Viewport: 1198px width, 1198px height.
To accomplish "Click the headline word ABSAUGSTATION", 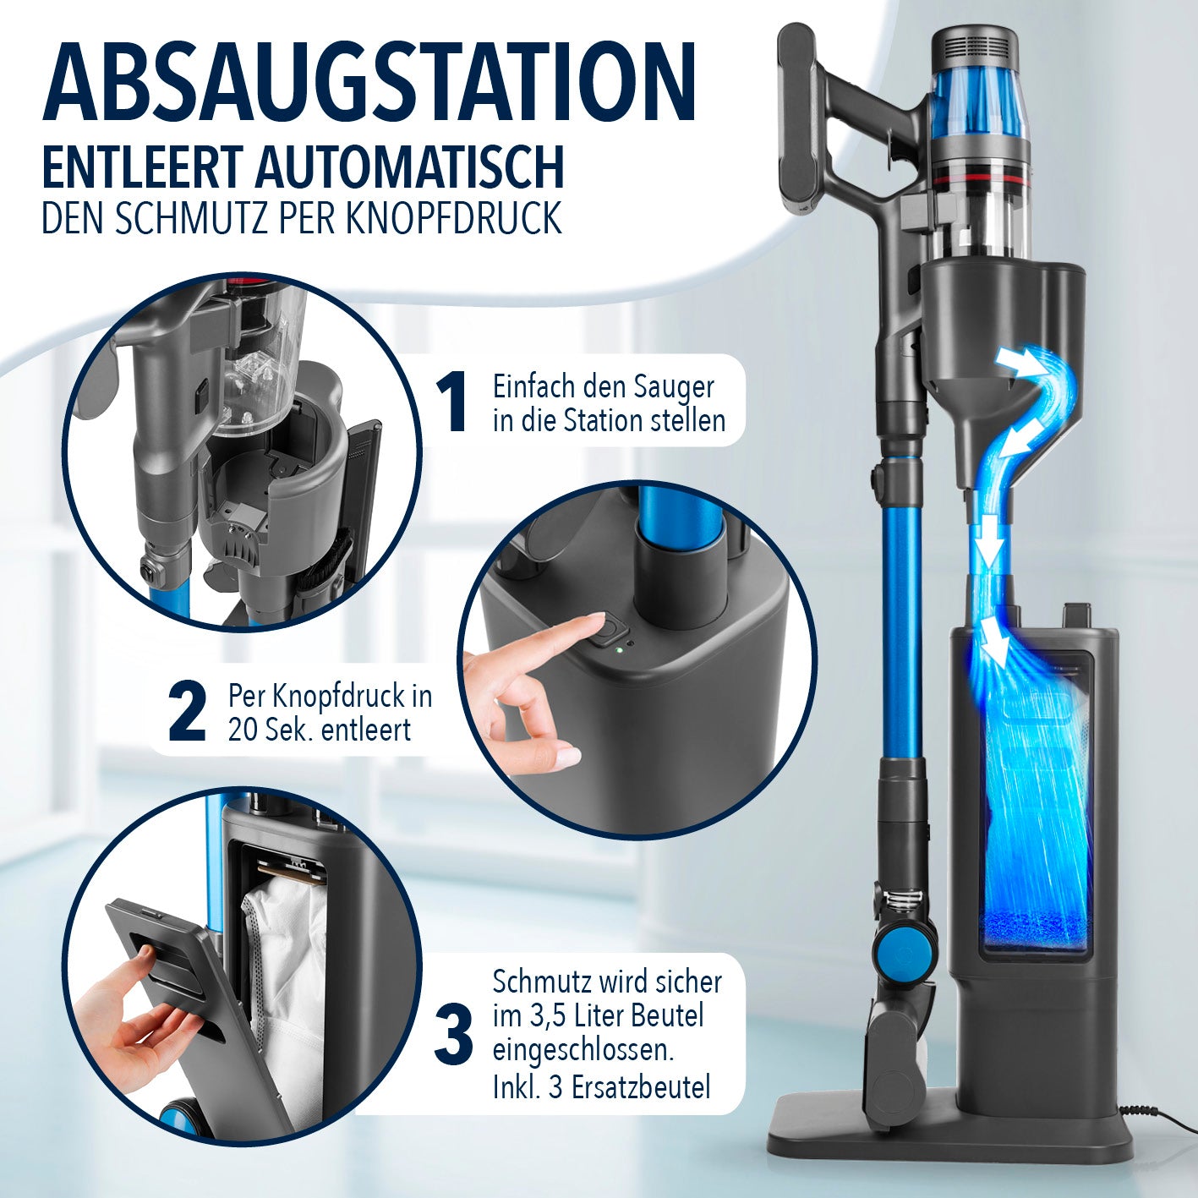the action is [369, 82].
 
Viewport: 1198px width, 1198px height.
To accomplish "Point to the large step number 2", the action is [187, 714].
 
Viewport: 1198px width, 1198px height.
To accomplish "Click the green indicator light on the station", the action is [619, 651].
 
